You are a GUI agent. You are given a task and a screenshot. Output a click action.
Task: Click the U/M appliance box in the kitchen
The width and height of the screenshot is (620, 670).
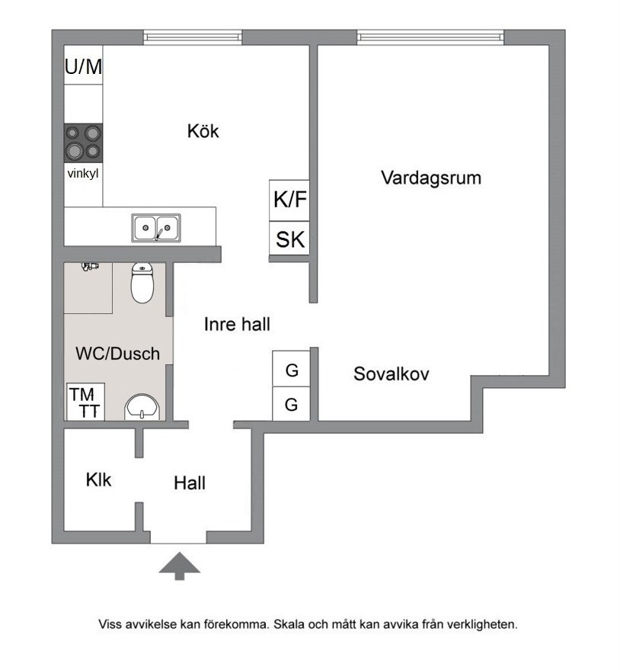coord(83,65)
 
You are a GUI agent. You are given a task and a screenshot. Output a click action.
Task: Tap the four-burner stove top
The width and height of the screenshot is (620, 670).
coord(83,143)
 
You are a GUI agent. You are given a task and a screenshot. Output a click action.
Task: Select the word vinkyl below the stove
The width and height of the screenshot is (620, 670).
coord(83,174)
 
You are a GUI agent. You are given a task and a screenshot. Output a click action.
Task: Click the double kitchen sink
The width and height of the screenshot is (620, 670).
coord(156,228)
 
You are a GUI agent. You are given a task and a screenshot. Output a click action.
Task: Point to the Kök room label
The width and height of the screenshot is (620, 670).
coord(203,131)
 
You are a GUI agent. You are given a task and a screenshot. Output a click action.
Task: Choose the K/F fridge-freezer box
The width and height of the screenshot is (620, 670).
coord(289,200)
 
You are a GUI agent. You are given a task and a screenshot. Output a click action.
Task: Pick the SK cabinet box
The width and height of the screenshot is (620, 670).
coord(289,239)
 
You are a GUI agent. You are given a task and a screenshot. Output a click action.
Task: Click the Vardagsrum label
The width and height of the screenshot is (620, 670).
coord(431,178)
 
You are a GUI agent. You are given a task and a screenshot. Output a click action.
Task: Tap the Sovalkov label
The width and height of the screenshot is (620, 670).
coord(391,374)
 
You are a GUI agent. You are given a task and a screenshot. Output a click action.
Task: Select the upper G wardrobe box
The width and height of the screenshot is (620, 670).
coord(291,369)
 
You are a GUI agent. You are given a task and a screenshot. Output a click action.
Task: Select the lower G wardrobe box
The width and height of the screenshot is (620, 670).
coord(291,404)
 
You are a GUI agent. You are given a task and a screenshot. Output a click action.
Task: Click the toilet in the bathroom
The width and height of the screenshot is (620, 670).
coord(142,283)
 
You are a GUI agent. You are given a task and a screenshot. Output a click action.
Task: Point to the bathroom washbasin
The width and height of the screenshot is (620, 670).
coord(142,407)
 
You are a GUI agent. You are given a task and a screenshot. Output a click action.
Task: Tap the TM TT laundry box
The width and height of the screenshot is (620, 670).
coord(85,402)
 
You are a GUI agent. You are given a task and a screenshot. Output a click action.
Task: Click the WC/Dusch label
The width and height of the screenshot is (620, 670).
coord(117,354)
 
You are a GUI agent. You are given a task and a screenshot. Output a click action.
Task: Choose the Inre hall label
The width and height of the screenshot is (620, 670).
coord(237,324)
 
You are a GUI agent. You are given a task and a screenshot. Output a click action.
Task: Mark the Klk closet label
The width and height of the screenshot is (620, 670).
coord(98,479)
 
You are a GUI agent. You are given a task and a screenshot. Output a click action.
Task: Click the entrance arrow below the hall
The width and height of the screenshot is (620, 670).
coord(179,566)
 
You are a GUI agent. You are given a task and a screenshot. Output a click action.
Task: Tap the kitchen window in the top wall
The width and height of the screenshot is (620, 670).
coord(193,37)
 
